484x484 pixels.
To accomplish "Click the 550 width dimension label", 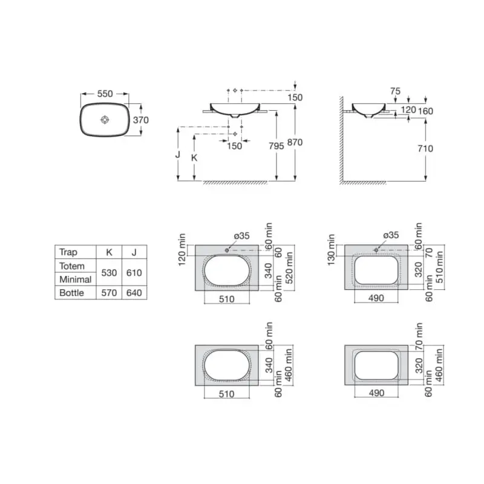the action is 105,94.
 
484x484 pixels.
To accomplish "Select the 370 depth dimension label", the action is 141,120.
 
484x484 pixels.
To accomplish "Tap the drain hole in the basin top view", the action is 105,119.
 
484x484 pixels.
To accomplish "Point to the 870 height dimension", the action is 295,142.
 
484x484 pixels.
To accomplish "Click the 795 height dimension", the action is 276,146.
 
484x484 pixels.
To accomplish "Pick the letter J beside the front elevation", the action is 178,154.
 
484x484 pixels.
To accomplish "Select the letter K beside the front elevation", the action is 194,158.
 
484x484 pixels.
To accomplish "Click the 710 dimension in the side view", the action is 425,148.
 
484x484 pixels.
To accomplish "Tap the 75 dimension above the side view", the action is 395,91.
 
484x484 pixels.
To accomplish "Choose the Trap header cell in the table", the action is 68,252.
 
